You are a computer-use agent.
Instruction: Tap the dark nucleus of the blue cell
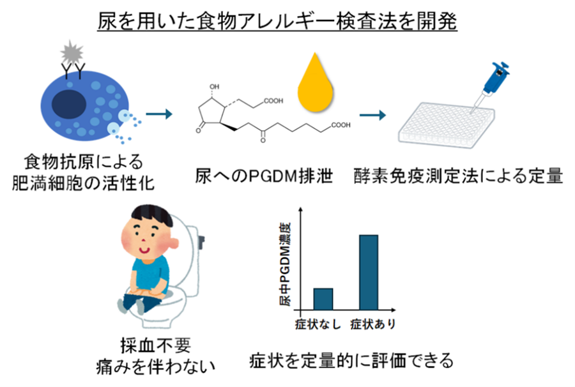[x=69, y=103]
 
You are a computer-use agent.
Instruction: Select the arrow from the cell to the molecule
[x=159, y=114]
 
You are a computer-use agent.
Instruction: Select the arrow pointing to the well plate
[x=372, y=115]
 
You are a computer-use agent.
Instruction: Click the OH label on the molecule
[x=214, y=87]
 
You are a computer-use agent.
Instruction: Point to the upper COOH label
[x=273, y=101]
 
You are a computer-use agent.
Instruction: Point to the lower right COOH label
[x=341, y=125]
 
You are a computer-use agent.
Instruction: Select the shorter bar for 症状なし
[x=323, y=299]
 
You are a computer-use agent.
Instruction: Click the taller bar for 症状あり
[x=369, y=272]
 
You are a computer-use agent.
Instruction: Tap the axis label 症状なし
[x=318, y=324]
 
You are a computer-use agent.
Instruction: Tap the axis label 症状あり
[x=373, y=324]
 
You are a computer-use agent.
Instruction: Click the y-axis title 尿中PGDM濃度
[x=285, y=264]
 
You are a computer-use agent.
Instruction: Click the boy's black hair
[x=152, y=215]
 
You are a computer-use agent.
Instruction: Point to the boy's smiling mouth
[x=144, y=251]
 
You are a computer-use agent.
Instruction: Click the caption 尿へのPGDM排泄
[x=264, y=176]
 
